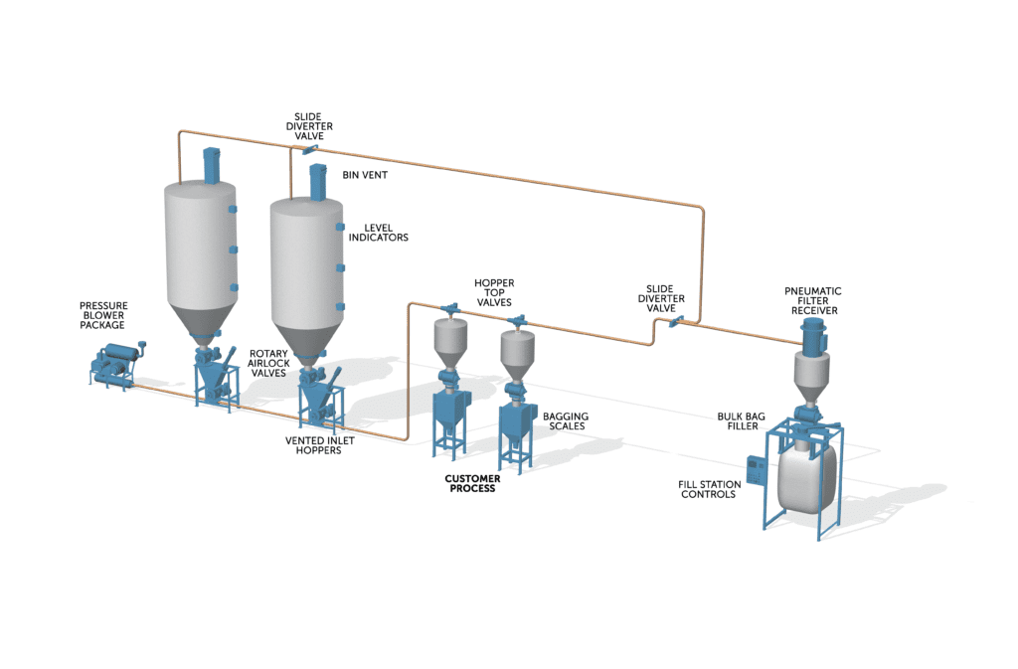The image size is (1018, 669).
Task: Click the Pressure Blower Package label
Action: pos(103,315)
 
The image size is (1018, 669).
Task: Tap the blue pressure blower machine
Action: pos(117,365)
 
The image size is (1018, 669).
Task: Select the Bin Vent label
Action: pos(365,175)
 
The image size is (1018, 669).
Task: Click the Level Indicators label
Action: pos(379,233)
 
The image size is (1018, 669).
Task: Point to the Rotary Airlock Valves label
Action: pos(268,364)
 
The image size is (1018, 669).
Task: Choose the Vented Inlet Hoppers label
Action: pos(319,445)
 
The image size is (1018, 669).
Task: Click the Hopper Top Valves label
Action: pos(494,292)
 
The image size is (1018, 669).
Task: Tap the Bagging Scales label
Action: pos(566,421)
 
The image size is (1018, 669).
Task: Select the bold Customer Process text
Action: pos(472,483)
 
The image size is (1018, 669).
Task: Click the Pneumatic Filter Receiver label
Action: pos(813,301)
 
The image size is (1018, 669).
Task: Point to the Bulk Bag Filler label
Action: pos(742,421)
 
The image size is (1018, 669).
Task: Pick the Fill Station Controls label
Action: pos(710,489)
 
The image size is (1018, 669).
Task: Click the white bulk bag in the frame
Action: pos(806,477)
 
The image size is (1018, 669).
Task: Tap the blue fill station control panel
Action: pos(755,471)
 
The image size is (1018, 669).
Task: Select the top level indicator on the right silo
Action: pos(340,227)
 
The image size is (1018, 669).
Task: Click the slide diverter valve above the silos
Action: pos(309,150)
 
